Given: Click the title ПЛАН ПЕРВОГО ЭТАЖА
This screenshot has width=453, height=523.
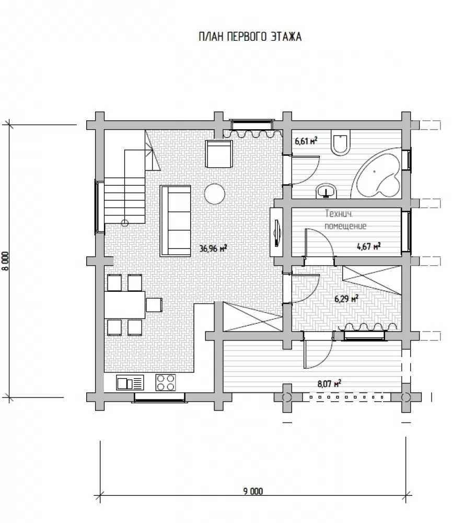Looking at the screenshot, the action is (x=250, y=37).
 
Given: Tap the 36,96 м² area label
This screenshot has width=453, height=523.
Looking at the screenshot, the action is (x=213, y=248).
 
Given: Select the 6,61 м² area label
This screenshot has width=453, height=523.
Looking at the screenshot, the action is (x=306, y=141).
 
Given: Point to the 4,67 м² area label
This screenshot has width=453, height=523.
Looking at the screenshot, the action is (x=369, y=246).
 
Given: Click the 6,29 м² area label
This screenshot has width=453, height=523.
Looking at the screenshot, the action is (x=346, y=298).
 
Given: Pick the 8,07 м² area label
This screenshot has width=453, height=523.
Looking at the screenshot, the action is (x=329, y=383).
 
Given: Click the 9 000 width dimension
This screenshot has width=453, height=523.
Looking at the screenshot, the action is (x=253, y=491).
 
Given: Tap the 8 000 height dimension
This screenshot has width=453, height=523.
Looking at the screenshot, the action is (x=6, y=261).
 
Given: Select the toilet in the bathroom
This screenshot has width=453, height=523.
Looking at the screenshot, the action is (x=340, y=143).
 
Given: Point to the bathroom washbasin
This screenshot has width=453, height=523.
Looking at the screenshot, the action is (x=326, y=191).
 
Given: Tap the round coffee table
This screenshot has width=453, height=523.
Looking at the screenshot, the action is (x=214, y=194).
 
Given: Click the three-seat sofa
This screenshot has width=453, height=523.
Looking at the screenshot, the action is (x=176, y=221).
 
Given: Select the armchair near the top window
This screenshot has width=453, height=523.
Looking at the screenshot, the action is (x=219, y=154).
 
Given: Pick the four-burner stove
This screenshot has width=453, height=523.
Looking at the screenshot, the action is (x=166, y=383).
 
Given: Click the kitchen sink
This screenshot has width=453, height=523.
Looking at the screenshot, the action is (x=130, y=383).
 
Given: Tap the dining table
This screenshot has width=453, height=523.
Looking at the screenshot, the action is (x=125, y=305).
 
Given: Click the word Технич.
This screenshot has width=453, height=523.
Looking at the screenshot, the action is (x=339, y=213).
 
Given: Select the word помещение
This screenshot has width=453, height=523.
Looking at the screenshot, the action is (x=345, y=226).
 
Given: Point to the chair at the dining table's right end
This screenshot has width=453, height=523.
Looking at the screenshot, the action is (x=154, y=304).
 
